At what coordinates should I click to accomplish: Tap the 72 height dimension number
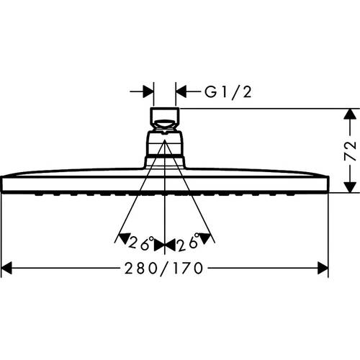click(351, 150)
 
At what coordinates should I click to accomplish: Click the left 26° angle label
click(138, 240)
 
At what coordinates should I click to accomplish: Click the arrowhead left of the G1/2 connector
click(148, 91)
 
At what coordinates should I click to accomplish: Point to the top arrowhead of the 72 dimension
click(350, 114)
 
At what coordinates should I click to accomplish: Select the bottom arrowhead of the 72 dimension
click(350, 187)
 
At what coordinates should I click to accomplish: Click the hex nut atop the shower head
click(166, 117)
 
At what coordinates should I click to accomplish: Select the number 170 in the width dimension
click(189, 269)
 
